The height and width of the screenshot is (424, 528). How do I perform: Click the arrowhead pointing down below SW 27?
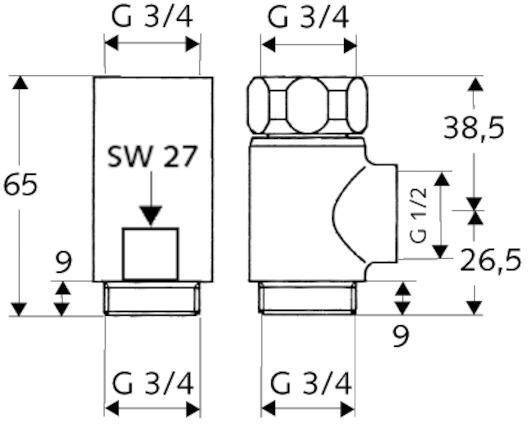click(x=150, y=213)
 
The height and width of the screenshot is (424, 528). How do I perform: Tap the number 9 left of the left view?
click(x=64, y=263)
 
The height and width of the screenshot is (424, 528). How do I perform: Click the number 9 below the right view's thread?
click(x=401, y=337)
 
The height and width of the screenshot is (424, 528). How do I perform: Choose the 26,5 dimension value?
click(x=490, y=261)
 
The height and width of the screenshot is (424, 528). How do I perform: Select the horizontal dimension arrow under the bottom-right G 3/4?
click(x=308, y=408)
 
